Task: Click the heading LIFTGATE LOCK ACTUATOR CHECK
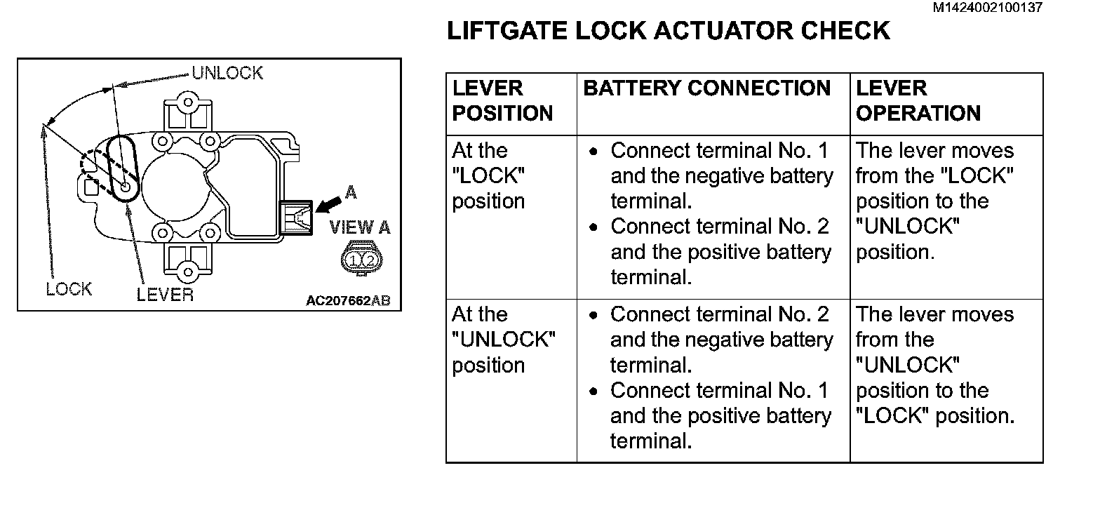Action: pyautogui.click(x=668, y=32)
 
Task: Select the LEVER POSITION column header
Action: pyautogui.click(x=502, y=101)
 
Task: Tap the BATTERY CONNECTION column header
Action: pyautogui.click(x=706, y=88)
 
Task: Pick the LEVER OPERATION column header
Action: pyautogui.click(x=918, y=101)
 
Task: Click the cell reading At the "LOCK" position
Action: pyautogui.click(x=489, y=176)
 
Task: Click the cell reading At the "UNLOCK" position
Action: pyautogui.click(x=503, y=340)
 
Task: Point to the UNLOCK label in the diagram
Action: pyautogui.click(x=227, y=73)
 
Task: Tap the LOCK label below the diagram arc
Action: pyautogui.click(x=69, y=288)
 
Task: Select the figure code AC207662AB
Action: pyautogui.click(x=348, y=301)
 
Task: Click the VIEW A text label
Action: pyautogui.click(x=360, y=227)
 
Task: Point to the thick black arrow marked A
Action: pyautogui.click(x=328, y=204)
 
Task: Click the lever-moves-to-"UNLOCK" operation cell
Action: pyautogui.click(x=935, y=201)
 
